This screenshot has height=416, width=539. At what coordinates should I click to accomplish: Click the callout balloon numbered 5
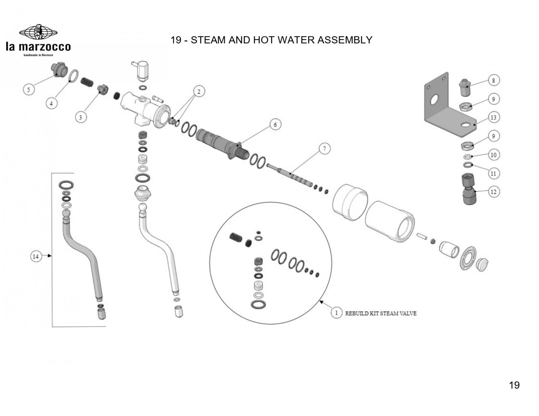(28, 89)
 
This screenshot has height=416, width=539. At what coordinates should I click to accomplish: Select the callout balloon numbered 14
(36, 256)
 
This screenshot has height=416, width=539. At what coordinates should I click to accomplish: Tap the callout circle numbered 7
(324, 149)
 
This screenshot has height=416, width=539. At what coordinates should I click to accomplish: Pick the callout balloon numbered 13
(493, 117)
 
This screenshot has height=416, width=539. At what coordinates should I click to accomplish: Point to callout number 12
(493, 192)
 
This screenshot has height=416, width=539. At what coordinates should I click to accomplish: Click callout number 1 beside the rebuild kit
(336, 313)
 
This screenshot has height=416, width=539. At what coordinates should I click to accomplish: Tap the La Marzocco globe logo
(38, 32)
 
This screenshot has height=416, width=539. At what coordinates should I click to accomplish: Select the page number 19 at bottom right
(514, 385)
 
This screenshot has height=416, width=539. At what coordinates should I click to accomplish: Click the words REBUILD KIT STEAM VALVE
(381, 313)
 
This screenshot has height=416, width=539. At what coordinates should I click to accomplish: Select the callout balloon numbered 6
(275, 125)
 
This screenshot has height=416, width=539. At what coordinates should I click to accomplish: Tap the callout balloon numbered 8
(493, 80)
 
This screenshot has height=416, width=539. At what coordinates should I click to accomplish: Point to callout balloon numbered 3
(80, 117)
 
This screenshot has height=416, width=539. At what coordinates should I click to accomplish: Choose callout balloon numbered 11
(493, 173)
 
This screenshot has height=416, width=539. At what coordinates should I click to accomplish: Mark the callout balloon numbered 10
(493, 155)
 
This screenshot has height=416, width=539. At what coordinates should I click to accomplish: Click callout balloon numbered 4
(51, 103)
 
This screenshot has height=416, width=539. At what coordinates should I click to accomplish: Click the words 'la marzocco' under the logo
(38, 47)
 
